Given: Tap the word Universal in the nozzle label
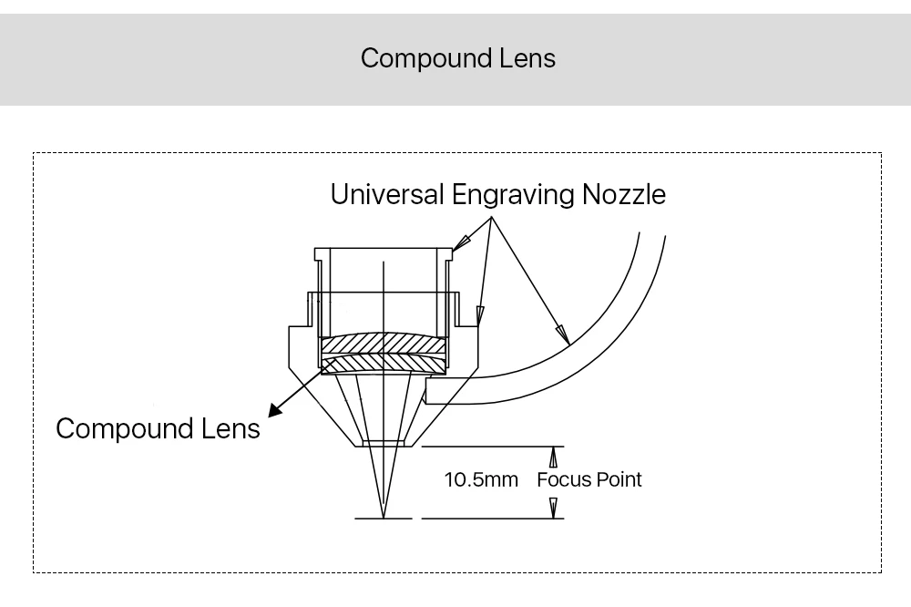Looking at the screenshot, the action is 387,194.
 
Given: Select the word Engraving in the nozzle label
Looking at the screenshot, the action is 513,195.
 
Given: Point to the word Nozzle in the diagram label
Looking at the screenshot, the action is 624,194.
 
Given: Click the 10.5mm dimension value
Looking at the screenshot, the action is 481,479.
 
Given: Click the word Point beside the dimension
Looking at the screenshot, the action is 619,479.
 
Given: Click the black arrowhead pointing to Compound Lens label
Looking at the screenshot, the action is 275,410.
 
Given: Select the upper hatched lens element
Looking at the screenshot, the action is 384,344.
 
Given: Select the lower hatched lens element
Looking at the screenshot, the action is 384,365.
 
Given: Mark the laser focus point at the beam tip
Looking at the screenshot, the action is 384,518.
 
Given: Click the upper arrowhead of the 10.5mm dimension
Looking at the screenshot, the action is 553,457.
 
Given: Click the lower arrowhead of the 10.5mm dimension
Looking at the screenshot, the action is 553,508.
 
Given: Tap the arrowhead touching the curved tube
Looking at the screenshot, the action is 563,334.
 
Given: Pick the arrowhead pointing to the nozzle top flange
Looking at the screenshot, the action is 461,242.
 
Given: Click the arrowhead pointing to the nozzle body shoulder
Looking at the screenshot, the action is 479,315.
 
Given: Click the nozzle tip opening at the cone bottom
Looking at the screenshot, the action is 384,444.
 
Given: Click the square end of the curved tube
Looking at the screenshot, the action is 425,391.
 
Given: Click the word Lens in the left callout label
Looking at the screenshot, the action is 230,429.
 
